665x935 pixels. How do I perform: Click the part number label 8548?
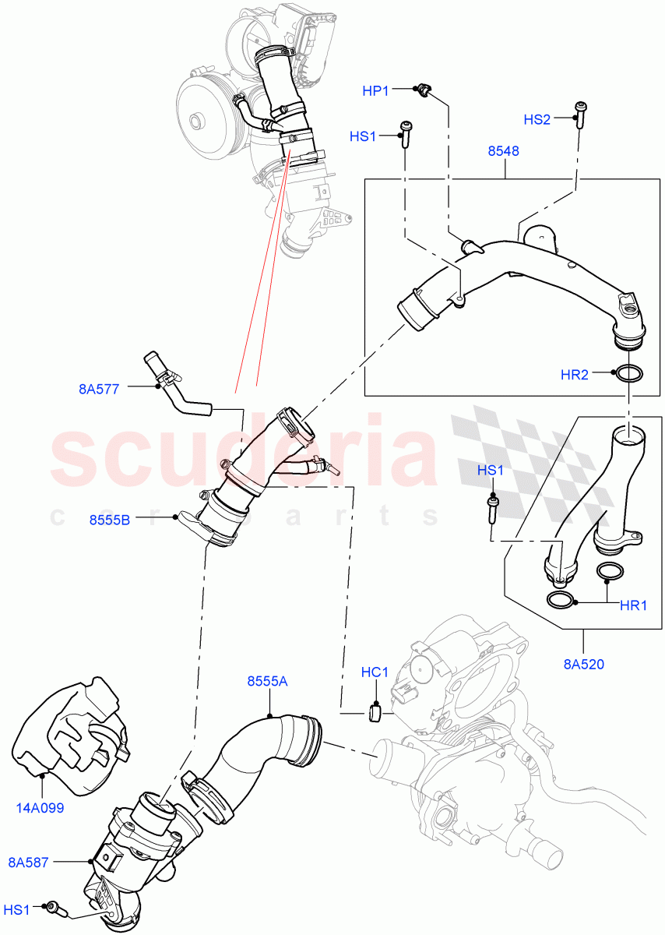coord(504,151)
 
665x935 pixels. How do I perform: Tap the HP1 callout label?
coord(376,91)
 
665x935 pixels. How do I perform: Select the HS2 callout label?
coord(537,119)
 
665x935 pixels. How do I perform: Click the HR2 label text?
coord(575,375)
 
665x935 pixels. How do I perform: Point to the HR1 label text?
coord(632,605)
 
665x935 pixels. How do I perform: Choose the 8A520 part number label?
coord(583,665)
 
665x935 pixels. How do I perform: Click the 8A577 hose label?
coord(99,389)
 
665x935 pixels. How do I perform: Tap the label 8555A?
coord(267,681)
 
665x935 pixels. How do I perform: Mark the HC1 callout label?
coord(375,672)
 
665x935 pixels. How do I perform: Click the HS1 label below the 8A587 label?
coord(17,909)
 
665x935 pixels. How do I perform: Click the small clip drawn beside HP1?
coord(424,91)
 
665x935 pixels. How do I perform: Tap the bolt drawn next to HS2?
coord(579,112)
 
